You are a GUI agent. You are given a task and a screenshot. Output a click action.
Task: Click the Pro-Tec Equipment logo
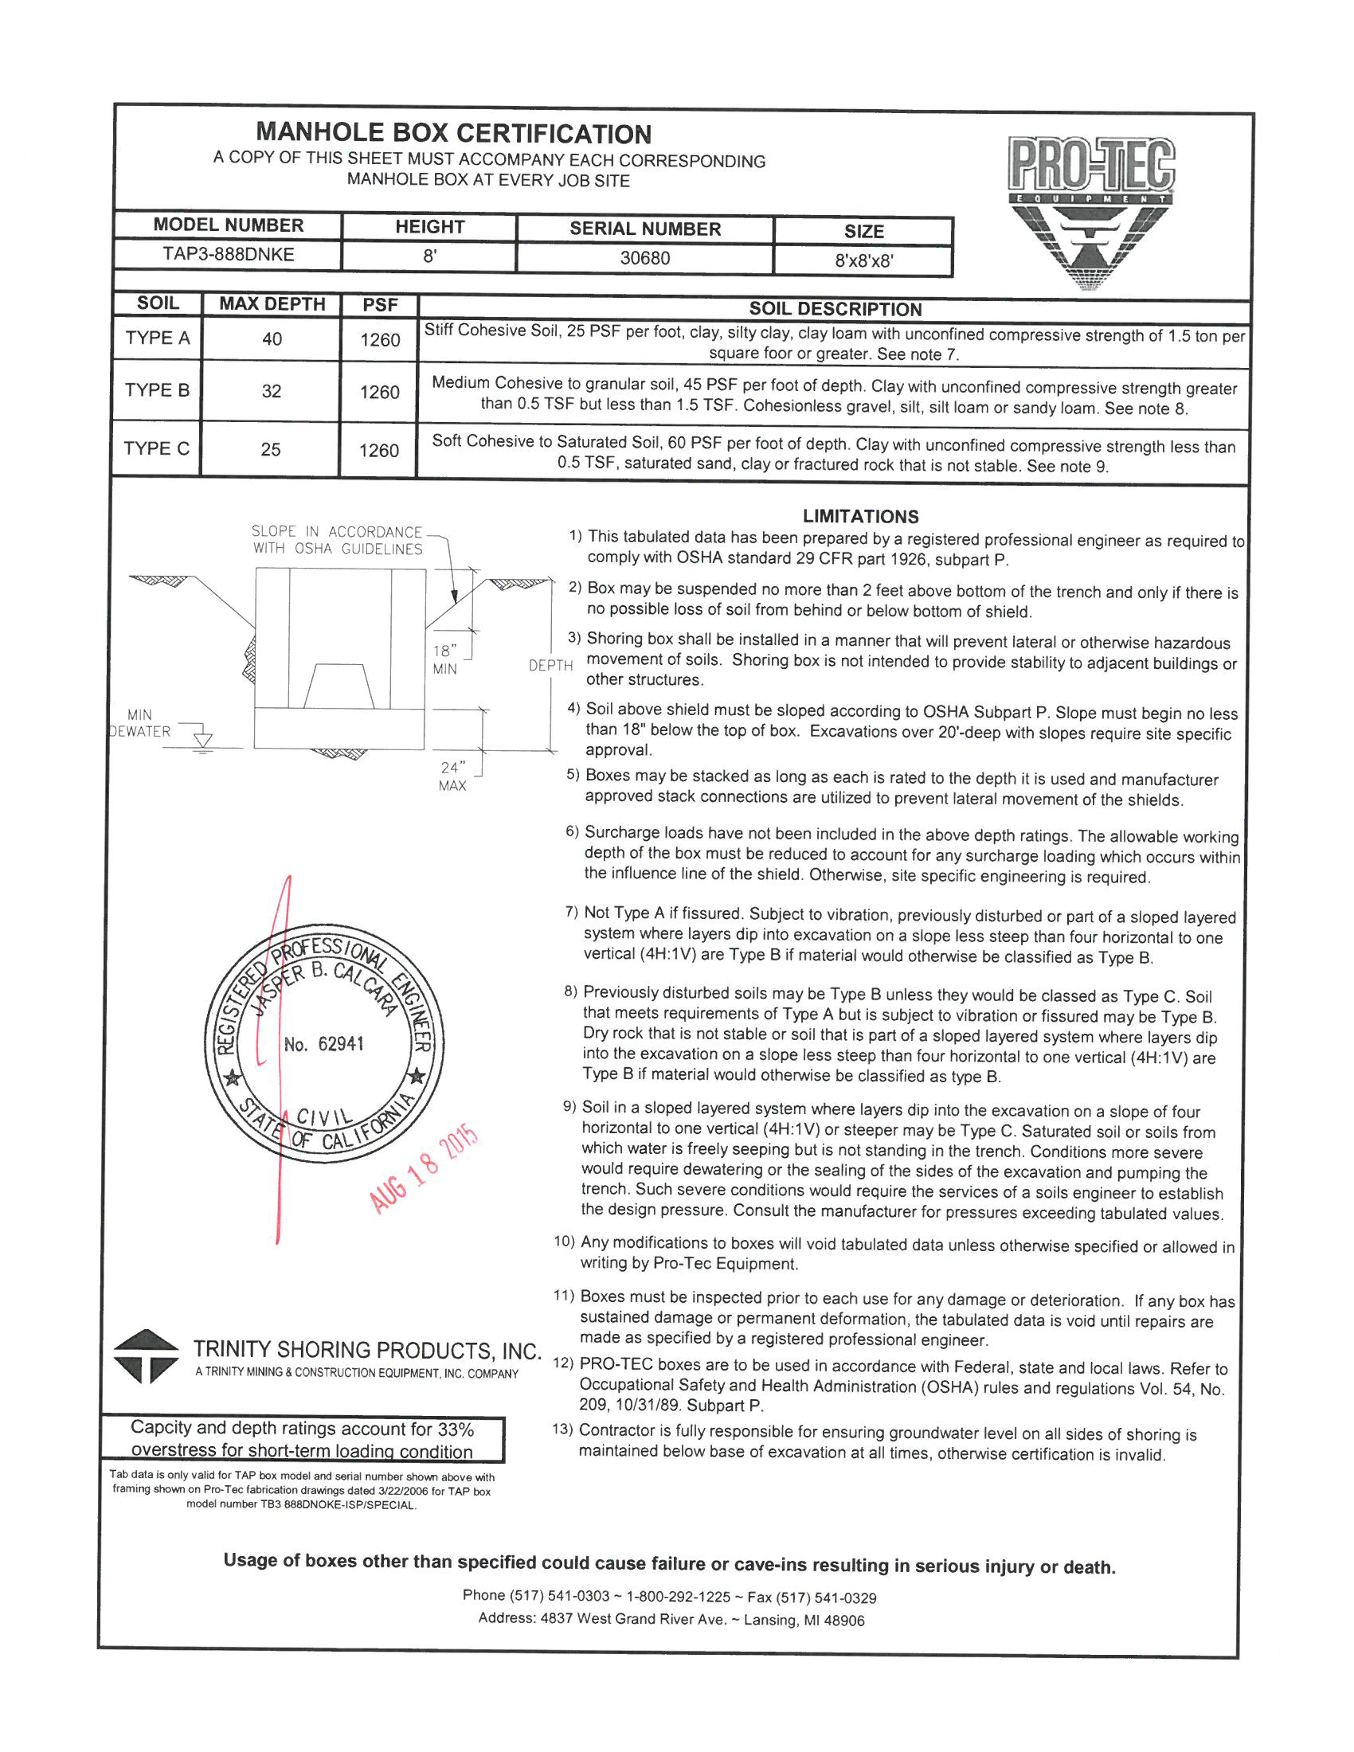click(x=1090, y=212)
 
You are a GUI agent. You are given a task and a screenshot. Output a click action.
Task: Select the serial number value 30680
click(x=644, y=258)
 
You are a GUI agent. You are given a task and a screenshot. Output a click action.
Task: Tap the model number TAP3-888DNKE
click(x=229, y=254)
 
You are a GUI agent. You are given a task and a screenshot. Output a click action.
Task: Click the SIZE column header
click(x=863, y=231)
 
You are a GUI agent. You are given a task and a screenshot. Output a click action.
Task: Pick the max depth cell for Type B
click(x=271, y=392)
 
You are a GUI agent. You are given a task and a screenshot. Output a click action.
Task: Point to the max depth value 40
click(x=272, y=338)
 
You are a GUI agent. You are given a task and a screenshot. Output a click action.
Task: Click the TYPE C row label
click(x=156, y=448)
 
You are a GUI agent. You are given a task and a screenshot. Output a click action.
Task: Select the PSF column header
click(x=379, y=305)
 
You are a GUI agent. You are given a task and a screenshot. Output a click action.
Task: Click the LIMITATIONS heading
click(x=860, y=516)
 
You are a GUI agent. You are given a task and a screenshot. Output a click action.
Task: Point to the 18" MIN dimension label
click(x=445, y=659)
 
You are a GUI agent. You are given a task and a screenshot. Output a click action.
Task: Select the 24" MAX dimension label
click(x=452, y=776)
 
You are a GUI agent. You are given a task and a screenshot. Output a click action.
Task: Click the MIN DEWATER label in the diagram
click(x=139, y=723)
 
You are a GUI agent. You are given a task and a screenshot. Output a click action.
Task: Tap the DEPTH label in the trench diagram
click(x=550, y=665)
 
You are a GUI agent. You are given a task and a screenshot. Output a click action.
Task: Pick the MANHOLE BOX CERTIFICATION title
click(x=453, y=133)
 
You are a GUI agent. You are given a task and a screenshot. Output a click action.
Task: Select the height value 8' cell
click(x=430, y=256)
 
